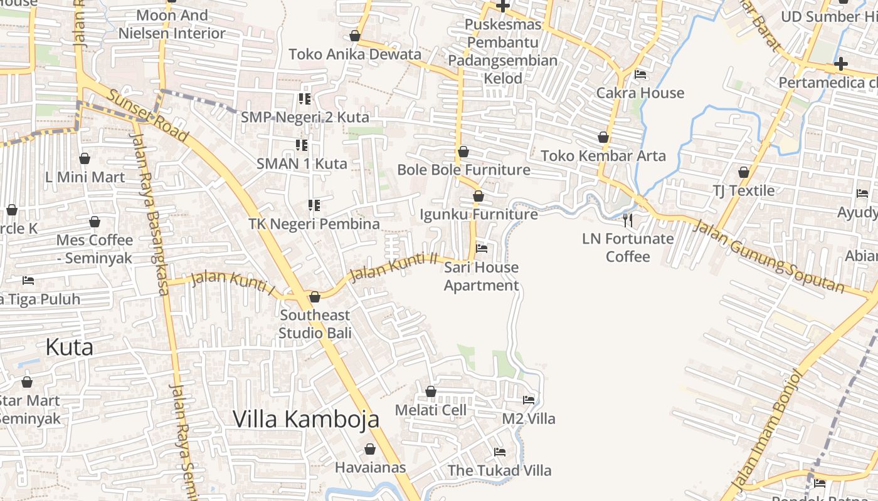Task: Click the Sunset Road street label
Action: click(148, 115)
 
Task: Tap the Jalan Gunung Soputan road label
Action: click(768, 255)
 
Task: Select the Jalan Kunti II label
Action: click(393, 267)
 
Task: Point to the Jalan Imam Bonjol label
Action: click(766, 429)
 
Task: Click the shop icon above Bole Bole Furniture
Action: click(463, 152)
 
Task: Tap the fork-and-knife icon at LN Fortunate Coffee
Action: click(628, 220)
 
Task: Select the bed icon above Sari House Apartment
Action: click(482, 248)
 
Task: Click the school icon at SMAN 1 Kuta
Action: click(302, 145)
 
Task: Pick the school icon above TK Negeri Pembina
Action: click(314, 205)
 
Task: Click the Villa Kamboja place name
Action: click(306, 419)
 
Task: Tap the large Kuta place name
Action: click(70, 347)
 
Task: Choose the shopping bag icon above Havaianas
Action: click(370, 449)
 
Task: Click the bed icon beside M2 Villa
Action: click(529, 400)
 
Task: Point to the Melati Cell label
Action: click(430, 410)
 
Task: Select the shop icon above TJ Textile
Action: click(744, 172)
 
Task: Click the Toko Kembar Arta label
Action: click(603, 155)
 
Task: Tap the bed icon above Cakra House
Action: click(640, 74)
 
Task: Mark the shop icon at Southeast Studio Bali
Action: click(315, 297)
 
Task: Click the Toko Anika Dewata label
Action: click(355, 54)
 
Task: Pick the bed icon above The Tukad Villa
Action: click(500, 452)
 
